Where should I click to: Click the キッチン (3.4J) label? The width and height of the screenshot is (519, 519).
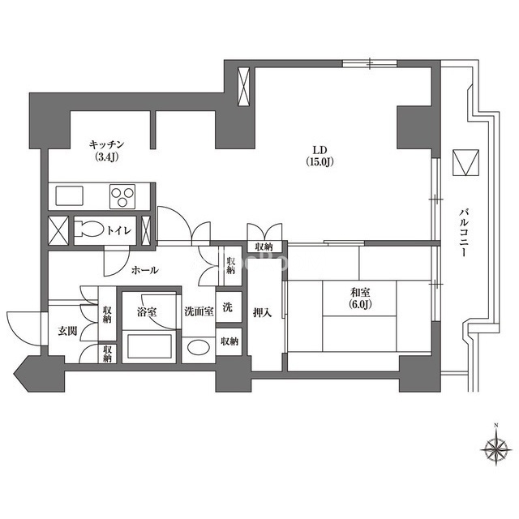coord(106,151)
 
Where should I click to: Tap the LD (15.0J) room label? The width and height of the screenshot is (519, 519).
coord(320,156)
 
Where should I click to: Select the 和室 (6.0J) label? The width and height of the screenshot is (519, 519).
coord(360,298)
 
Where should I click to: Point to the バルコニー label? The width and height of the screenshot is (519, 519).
coord(464,233)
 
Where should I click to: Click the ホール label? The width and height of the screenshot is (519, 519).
coord(144,270)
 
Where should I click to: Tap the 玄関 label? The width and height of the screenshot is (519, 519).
coord(67,331)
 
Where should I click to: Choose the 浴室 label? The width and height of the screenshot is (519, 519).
coord(147,311)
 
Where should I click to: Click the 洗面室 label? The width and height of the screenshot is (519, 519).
coord(199,311)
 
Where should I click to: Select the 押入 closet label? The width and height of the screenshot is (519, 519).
coord(263,312)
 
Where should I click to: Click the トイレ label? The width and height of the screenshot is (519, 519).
coord(119,230)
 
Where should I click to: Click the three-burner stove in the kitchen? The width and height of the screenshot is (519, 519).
coord(122,196)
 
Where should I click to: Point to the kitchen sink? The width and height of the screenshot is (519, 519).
coord(69,195)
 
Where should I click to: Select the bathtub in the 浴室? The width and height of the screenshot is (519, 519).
coord(149,346)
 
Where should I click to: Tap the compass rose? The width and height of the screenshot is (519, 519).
coord(495,448)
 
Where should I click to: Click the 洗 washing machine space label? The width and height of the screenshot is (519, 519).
coord(227,308)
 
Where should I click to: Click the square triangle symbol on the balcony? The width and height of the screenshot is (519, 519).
coord(466,162)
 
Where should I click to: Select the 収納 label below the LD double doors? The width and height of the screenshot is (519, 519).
coord(264,247)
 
